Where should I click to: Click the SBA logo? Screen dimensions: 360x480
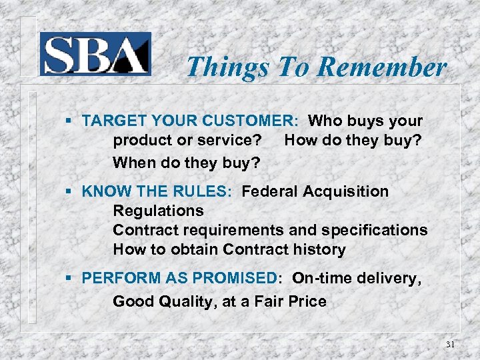click(x=95, y=54)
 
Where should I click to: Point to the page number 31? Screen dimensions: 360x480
click(x=450, y=344)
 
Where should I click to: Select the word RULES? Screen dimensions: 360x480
click(x=202, y=192)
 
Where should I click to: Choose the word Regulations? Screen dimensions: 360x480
click(x=158, y=211)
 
